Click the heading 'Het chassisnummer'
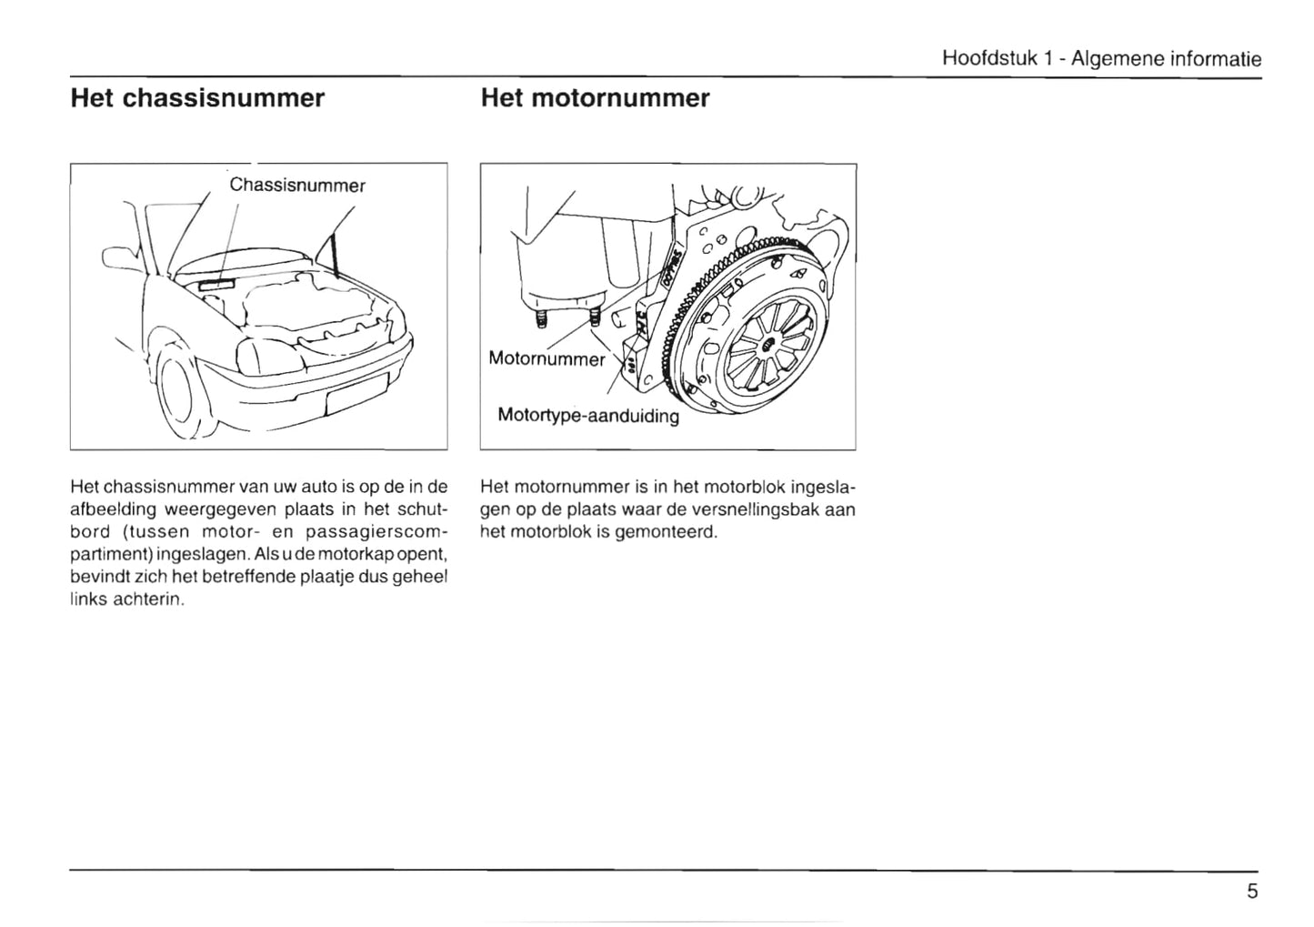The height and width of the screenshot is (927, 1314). pyautogui.click(x=197, y=98)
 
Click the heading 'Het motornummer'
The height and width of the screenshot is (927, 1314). pyautogui.click(x=595, y=98)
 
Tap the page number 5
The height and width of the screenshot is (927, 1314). pyautogui.click(x=1252, y=891)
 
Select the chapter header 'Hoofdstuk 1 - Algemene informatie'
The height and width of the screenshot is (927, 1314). pyautogui.click(x=1101, y=59)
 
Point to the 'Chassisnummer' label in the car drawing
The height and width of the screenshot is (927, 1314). pyautogui.click(x=296, y=186)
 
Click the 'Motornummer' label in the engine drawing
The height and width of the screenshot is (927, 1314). pyautogui.click(x=546, y=358)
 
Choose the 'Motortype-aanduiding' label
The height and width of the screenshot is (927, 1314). pyautogui.click(x=588, y=416)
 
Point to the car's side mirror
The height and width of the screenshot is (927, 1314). pyautogui.click(x=119, y=260)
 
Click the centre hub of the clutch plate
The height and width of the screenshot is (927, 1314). pyautogui.click(x=766, y=342)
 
